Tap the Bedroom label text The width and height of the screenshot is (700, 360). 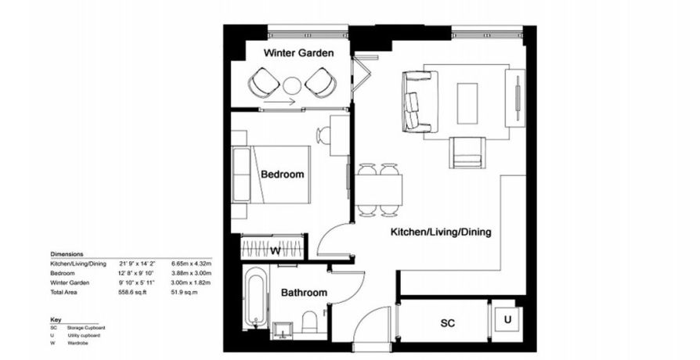(x=282, y=174)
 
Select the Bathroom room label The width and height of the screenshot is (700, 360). (x=304, y=293)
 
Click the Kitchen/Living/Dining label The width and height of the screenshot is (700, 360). (x=441, y=232)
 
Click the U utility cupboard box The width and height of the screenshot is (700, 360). (x=507, y=319)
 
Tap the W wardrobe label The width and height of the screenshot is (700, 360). (x=275, y=251)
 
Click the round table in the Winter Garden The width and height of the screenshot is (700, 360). (x=292, y=84)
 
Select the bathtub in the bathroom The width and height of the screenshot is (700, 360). (x=256, y=298)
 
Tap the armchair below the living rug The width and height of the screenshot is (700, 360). (x=467, y=153)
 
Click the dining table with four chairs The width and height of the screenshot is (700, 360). (x=379, y=189)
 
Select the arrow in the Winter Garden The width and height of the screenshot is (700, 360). (x=279, y=102)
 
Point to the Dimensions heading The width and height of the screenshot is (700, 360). (x=67, y=255)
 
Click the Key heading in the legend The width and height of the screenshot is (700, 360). (x=55, y=319)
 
